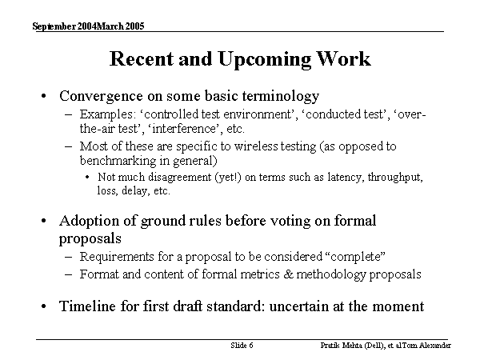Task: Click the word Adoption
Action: (89, 221)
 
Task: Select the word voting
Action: (266, 221)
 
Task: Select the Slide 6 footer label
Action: (242, 346)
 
